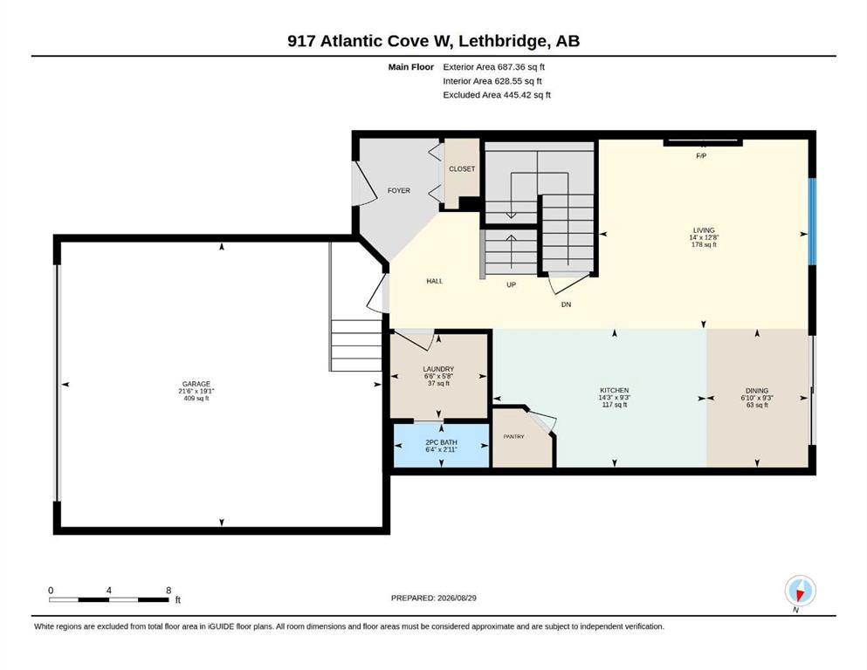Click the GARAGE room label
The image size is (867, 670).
coord(196,384)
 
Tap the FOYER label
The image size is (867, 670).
coord(399,190)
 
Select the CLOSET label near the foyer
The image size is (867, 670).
coord(462,169)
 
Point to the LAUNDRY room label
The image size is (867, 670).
coord(438,369)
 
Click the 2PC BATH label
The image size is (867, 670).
coord(441,442)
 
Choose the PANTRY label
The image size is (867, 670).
coord(513,436)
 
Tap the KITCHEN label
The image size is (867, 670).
coord(615,390)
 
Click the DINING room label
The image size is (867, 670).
coord(757,391)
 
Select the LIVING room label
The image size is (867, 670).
coord(704,230)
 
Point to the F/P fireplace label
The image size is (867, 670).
coord(701,156)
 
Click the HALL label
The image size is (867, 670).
coord(435,281)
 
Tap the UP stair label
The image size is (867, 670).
coord(512,285)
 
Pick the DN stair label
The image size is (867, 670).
coord(566,304)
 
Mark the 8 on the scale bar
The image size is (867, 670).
coord(169,591)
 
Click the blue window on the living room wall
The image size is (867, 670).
coord(812,222)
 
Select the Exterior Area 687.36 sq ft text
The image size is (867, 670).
coord(494,67)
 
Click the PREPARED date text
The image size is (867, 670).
coord(433,598)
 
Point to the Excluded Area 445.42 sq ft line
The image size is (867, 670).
coord(497,95)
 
